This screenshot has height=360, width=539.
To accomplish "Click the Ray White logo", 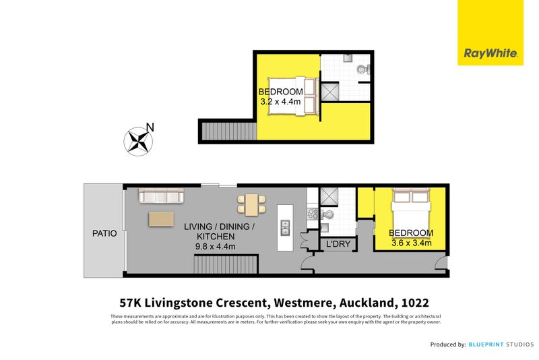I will (490, 53).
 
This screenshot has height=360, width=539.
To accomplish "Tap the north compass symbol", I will (139, 140).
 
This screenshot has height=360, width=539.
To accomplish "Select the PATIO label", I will (104, 233).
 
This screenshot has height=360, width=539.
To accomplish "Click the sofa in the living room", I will (161, 196).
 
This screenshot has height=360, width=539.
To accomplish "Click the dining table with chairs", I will (251, 204).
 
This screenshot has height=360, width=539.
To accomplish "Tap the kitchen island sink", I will (285, 228).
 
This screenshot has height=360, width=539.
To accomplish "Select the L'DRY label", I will (338, 244).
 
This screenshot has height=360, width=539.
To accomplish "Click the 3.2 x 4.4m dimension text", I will (281, 102).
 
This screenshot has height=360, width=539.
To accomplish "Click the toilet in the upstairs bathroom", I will (362, 69).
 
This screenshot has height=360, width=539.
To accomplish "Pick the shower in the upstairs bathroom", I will (330, 92).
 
